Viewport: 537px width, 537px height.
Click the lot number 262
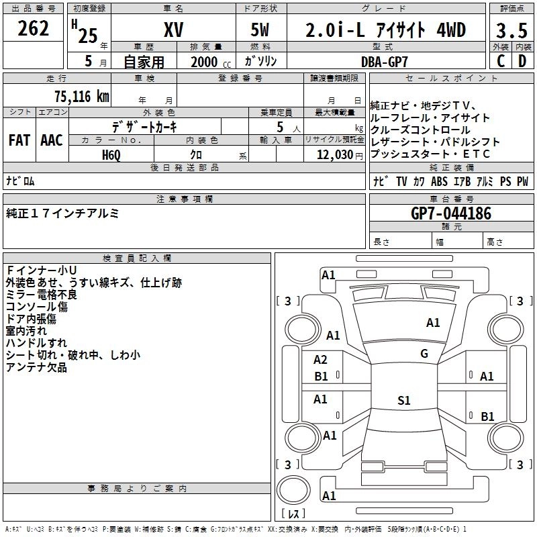[x=34, y=30]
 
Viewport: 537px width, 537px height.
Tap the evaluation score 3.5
[x=511, y=31]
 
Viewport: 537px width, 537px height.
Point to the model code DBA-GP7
[x=385, y=60]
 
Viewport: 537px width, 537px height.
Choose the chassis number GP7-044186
[x=451, y=213]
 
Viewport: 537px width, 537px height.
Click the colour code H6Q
[x=112, y=154]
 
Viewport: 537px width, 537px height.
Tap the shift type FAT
[x=19, y=140]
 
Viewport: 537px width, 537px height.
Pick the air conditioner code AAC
[x=52, y=140]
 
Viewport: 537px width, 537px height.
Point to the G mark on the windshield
[x=424, y=354]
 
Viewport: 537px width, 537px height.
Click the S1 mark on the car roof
[x=403, y=401]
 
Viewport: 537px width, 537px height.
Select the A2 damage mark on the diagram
[x=321, y=360]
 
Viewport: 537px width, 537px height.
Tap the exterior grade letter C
[x=501, y=60]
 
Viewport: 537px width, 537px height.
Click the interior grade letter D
[x=522, y=60]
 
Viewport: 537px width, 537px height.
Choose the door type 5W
[x=261, y=31]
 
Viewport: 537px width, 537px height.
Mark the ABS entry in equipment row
[x=439, y=182]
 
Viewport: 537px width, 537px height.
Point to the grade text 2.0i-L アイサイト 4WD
[x=385, y=31]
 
